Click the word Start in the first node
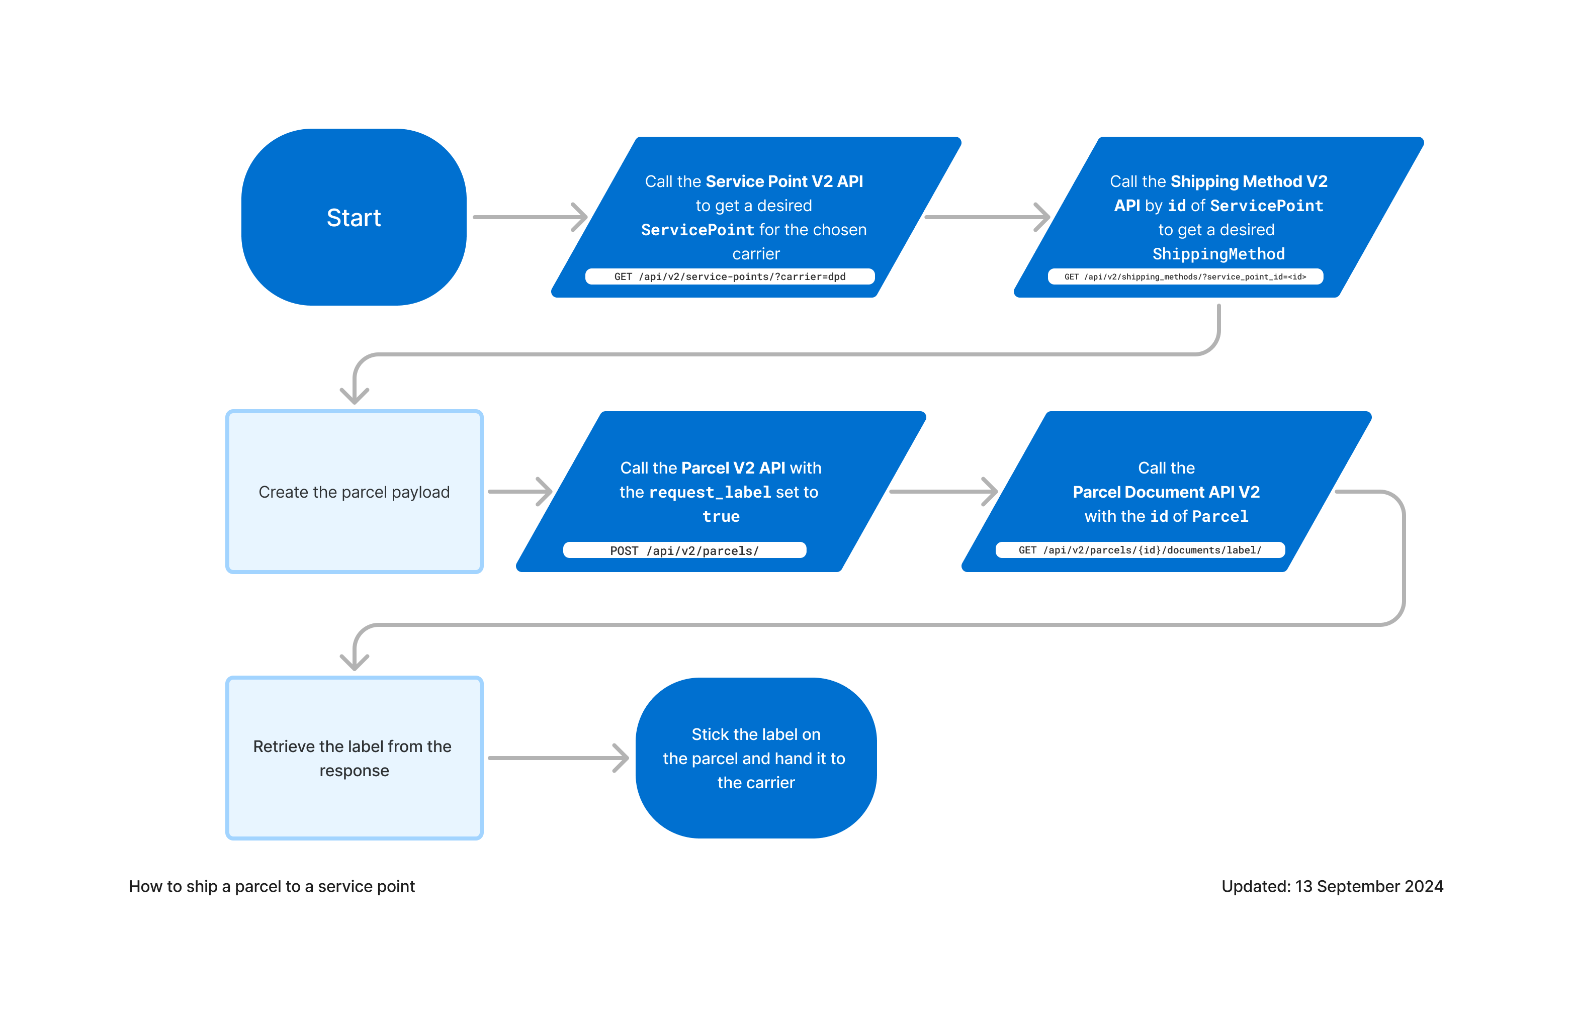point(354,218)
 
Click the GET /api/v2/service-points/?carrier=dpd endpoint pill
point(730,276)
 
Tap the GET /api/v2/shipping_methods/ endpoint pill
point(1185,276)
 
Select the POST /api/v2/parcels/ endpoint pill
point(684,550)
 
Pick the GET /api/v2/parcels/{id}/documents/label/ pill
point(1140,550)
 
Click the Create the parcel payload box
point(354,492)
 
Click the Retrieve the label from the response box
point(354,758)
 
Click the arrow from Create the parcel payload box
point(519,492)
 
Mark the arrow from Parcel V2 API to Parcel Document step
point(942,492)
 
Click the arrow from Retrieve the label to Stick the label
point(557,758)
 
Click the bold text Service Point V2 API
point(784,181)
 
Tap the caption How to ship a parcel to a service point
point(272,886)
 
